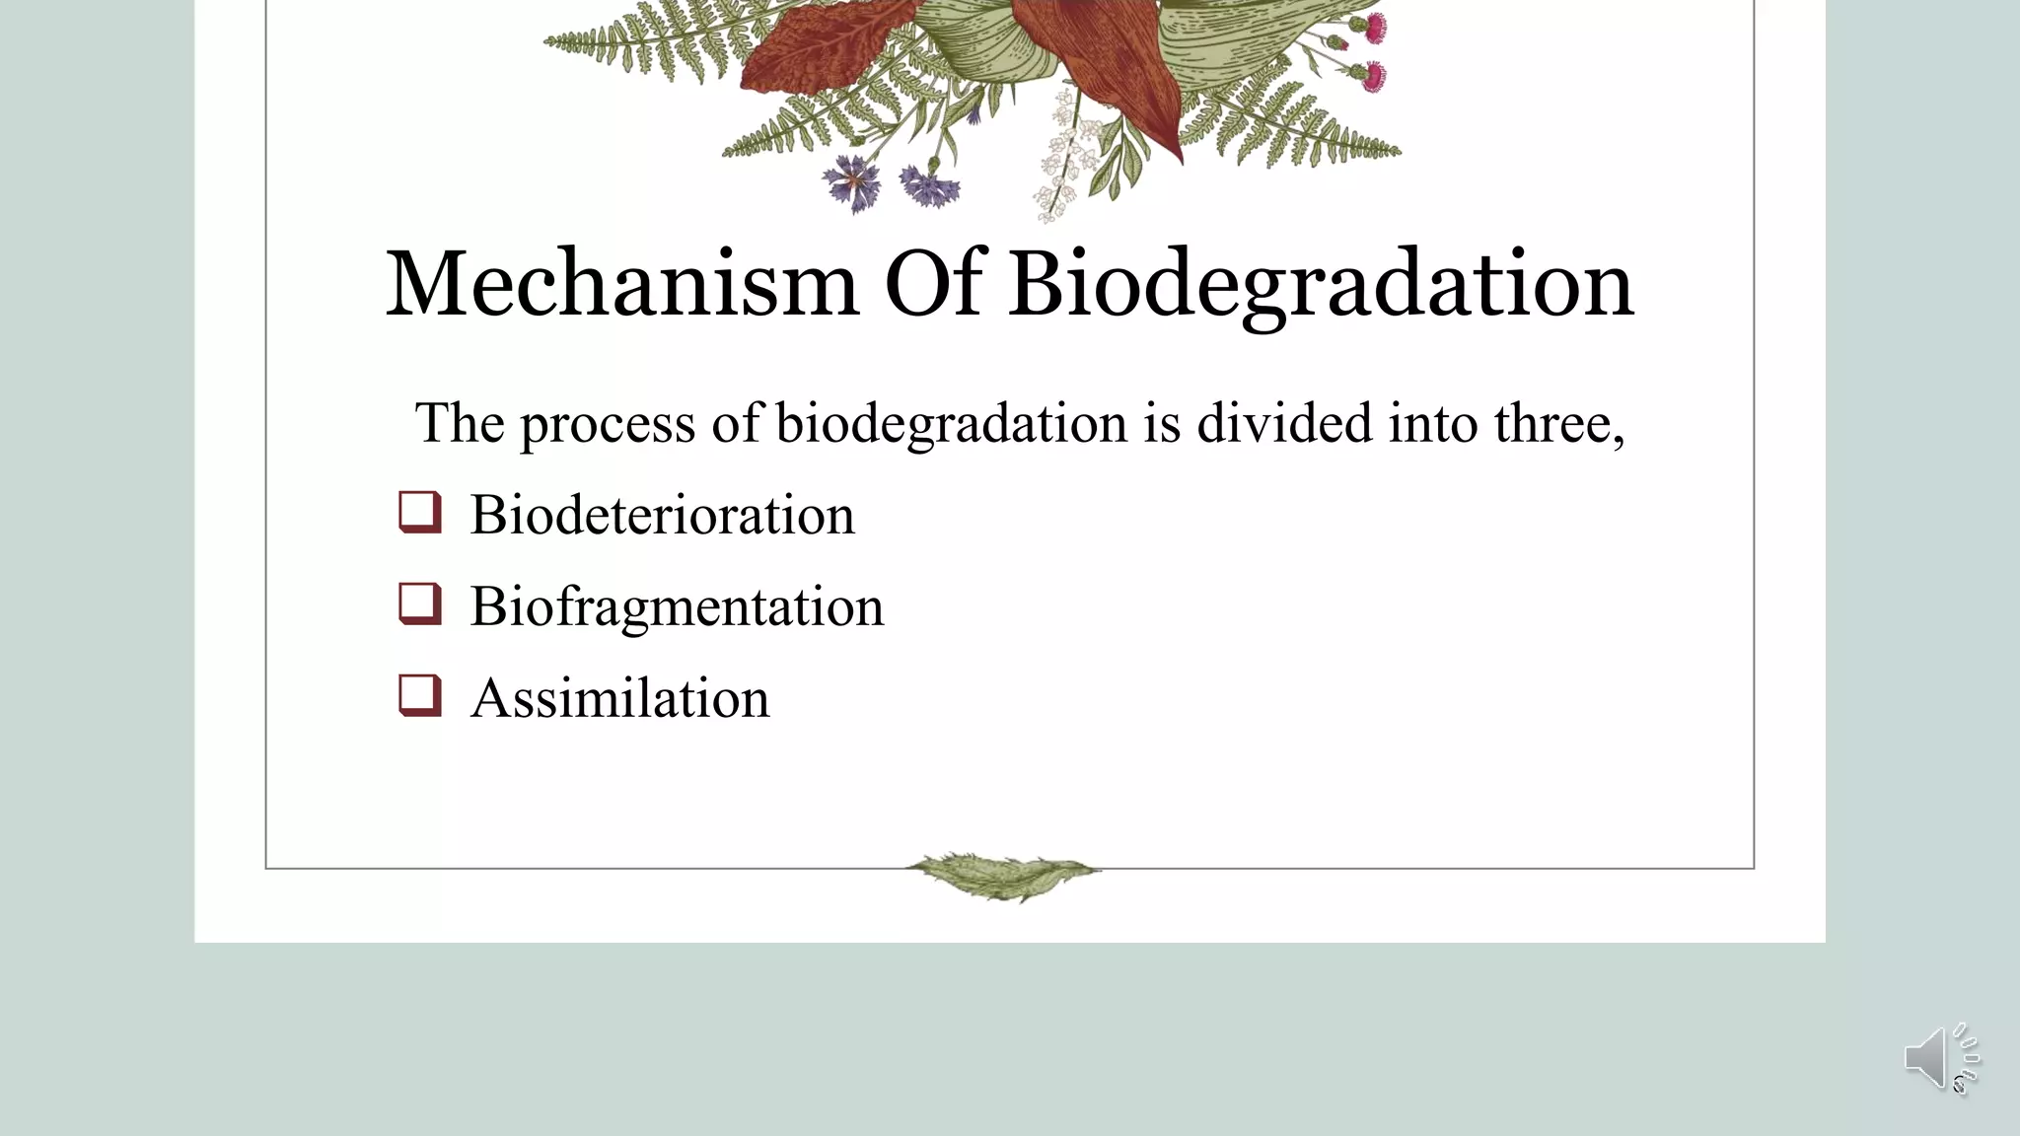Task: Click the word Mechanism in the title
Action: [x=621, y=284]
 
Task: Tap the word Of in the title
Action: [x=933, y=284]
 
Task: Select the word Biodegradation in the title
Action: [x=1320, y=286]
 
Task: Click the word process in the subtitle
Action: [x=607, y=425]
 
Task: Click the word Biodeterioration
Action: [x=662, y=515]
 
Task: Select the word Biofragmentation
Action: [x=677, y=606]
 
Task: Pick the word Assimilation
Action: [x=619, y=698]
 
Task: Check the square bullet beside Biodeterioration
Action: [x=419, y=512]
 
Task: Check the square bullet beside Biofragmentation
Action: [x=419, y=603]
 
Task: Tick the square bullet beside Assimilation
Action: [x=419, y=695]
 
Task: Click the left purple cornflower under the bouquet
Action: [x=852, y=182]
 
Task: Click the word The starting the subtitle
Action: [x=460, y=423]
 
